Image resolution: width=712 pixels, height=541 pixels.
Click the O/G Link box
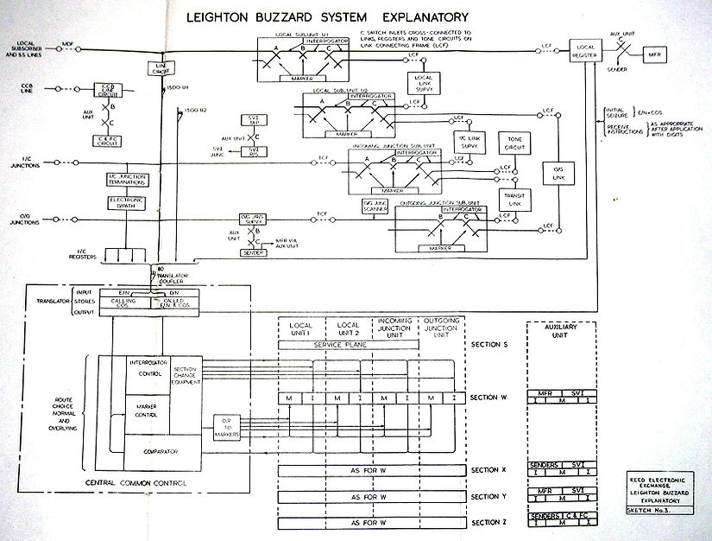coord(553,174)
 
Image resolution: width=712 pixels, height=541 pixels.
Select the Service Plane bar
coord(348,345)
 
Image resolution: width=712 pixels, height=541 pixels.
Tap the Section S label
coord(490,344)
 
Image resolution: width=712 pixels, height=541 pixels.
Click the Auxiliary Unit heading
coord(560,333)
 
